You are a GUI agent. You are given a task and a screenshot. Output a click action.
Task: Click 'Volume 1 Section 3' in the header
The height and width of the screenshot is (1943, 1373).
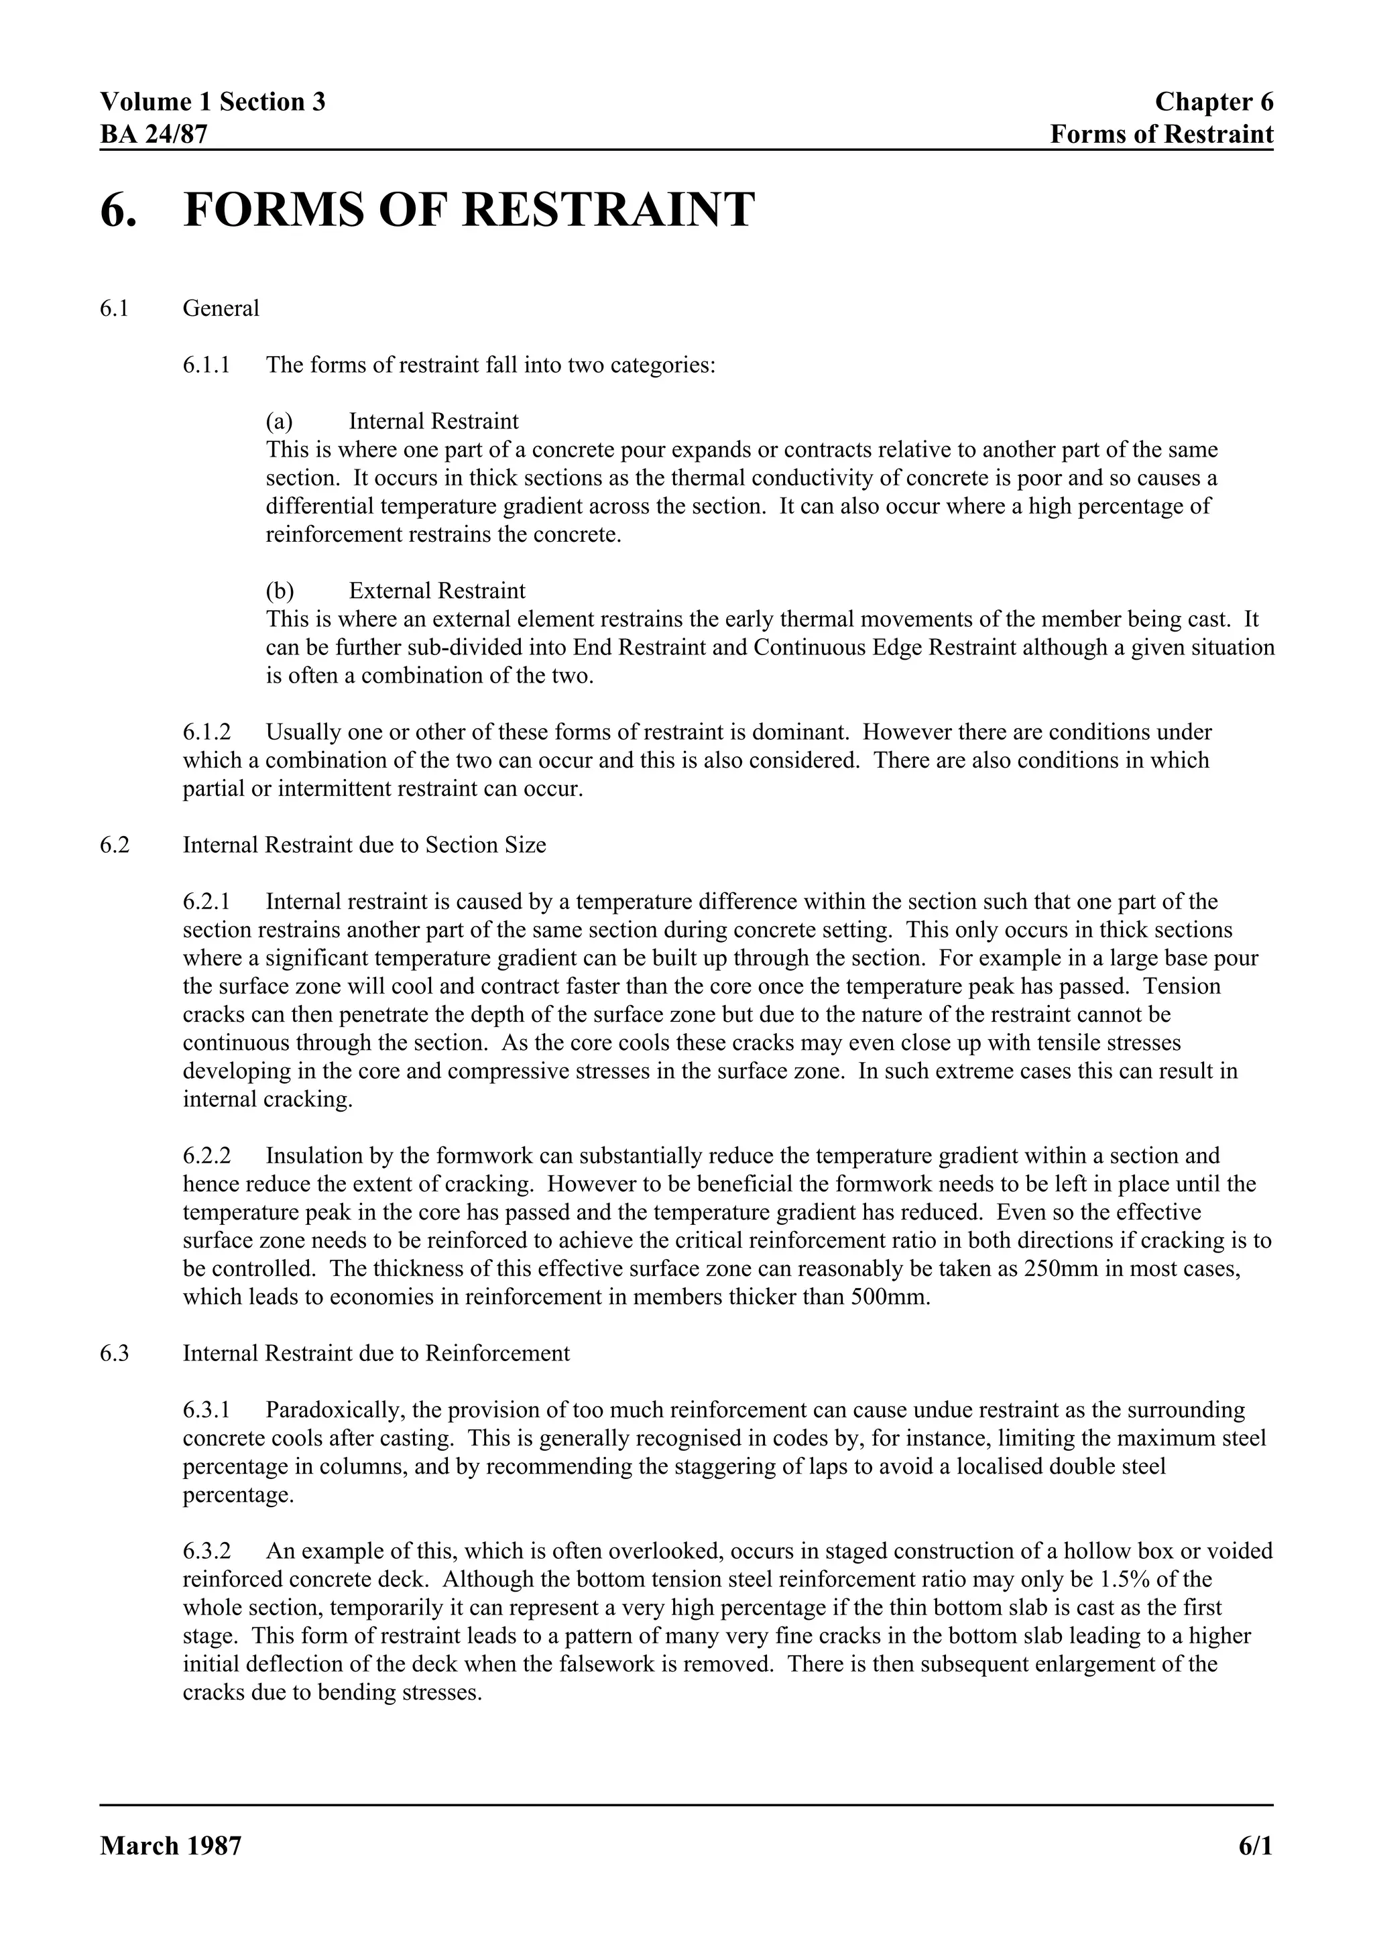pyautogui.click(x=213, y=103)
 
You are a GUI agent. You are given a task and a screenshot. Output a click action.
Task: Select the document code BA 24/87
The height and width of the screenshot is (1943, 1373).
pyautogui.click(x=153, y=133)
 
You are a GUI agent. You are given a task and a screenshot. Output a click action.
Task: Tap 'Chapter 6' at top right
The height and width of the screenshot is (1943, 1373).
pyautogui.click(x=1213, y=103)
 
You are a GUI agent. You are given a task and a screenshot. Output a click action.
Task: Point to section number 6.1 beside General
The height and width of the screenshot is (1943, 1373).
pyautogui.click(x=114, y=308)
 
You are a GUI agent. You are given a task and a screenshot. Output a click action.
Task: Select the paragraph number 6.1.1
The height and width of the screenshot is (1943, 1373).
pyautogui.click(x=206, y=365)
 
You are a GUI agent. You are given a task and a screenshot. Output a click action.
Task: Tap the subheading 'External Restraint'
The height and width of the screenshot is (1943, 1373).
pyautogui.click(x=436, y=591)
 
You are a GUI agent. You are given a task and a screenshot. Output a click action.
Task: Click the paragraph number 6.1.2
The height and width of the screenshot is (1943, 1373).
pyautogui.click(x=206, y=732)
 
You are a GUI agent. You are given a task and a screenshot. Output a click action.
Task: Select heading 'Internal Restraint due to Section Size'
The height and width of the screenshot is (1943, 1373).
pyautogui.click(x=364, y=845)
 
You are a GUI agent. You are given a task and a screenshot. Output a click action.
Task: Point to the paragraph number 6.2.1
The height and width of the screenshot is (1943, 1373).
pyautogui.click(x=206, y=902)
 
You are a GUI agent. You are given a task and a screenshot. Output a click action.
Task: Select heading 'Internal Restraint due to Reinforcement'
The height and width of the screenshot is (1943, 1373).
pyautogui.click(x=375, y=1353)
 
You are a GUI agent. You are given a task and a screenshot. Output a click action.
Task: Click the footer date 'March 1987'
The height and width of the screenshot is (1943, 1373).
pyautogui.click(x=171, y=1846)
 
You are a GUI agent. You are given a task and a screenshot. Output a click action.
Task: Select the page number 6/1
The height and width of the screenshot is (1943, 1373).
pyautogui.click(x=1256, y=1846)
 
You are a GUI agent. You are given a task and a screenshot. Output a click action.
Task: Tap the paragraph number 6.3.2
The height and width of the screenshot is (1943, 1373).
pyautogui.click(x=206, y=1551)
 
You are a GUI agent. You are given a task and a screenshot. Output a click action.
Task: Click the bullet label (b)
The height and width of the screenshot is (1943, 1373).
pyautogui.click(x=280, y=591)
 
